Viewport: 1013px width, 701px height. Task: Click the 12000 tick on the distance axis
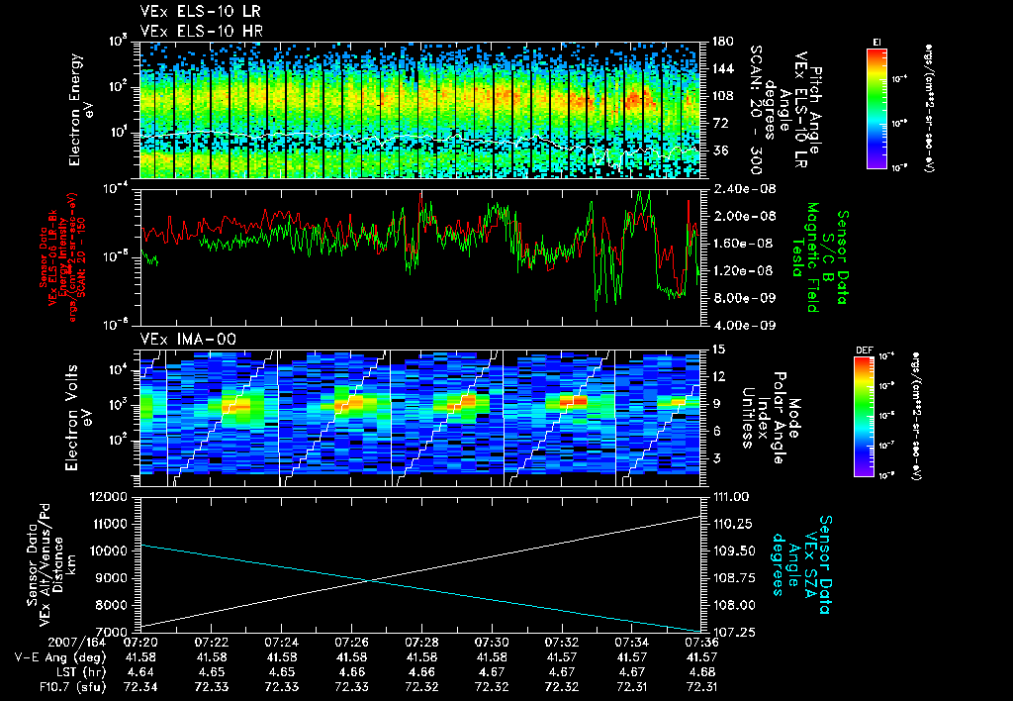[117, 496]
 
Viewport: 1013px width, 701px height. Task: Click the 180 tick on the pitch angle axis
[722, 42]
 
